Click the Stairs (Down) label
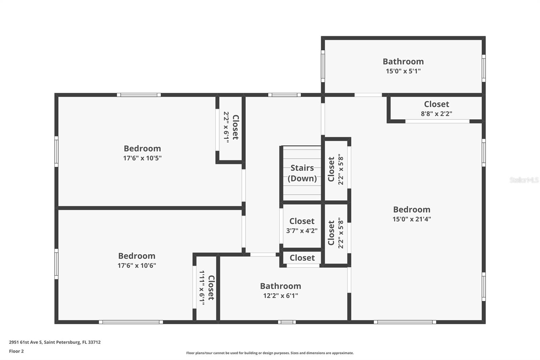coord(302,173)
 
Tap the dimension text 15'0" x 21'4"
coord(411,219)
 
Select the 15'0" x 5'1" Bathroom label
coord(403,61)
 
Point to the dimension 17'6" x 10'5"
coord(142,158)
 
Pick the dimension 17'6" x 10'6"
coord(136,265)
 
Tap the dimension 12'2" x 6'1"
coord(280,296)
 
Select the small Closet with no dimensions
coord(302,258)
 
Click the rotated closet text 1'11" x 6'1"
coord(202,288)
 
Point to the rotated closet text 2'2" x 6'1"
coord(226,127)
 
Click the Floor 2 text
coord(16,351)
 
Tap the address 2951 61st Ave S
coord(55,342)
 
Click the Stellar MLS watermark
coord(524,180)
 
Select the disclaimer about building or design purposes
coord(270,353)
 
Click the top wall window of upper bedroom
coord(139,95)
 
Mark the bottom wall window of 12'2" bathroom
coord(287,322)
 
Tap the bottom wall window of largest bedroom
coord(405,322)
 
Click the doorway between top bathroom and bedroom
coord(368,95)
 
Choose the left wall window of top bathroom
coord(323,66)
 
